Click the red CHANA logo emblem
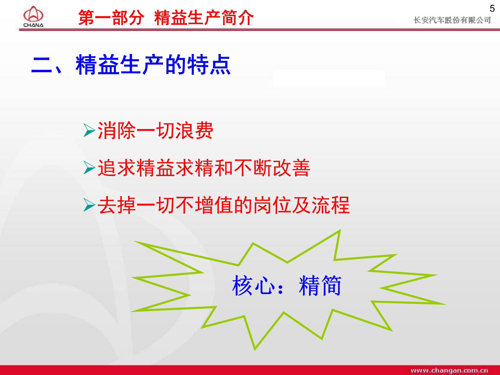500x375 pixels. (x=33, y=14)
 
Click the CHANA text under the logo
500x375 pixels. (x=33, y=25)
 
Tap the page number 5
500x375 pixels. (x=492, y=9)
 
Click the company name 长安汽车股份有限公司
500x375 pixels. (x=452, y=20)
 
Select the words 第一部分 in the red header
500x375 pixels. (x=111, y=18)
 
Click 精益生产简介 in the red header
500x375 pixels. (x=204, y=18)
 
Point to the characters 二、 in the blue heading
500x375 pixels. (x=47, y=65)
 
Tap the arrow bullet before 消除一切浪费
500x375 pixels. (x=89, y=130)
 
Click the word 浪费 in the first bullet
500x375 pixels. (x=194, y=130)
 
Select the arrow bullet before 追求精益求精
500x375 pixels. (x=89, y=167)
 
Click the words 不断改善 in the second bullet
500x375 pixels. (x=272, y=168)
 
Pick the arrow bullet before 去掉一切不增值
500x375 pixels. (x=89, y=205)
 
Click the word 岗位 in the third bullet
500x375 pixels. (x=272, y=205)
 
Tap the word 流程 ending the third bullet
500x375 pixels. (x=331, y=205)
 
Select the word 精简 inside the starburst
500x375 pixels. (x=320, y=286)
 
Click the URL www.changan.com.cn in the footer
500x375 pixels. (x=449, y=370)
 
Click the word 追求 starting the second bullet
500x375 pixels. (x=117, y=168)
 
